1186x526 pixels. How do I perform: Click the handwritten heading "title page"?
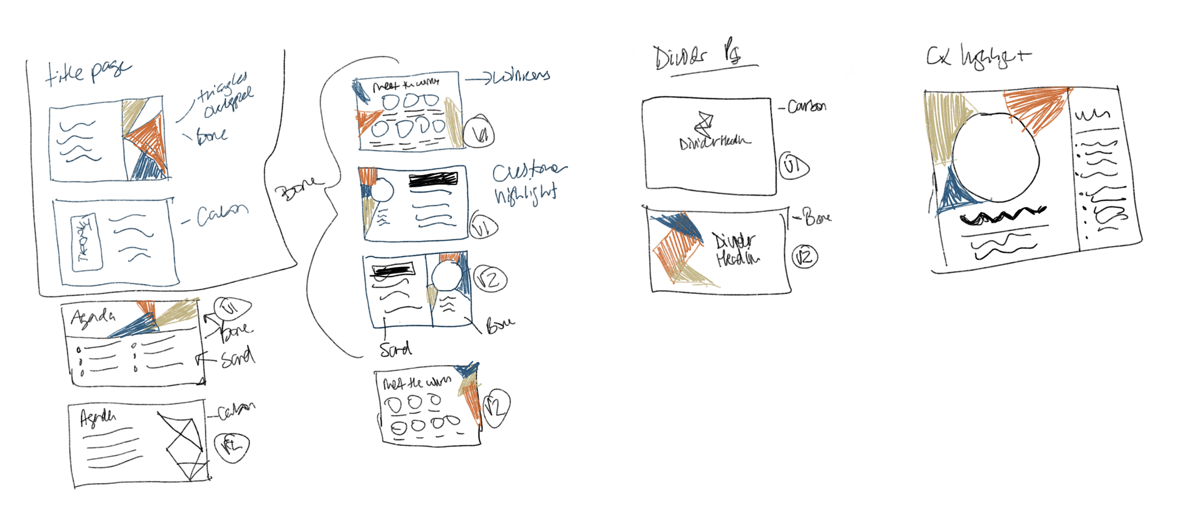88,72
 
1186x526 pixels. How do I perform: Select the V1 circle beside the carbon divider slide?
793,166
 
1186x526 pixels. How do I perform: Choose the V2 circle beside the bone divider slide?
805,257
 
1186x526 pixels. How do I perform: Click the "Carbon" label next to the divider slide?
806,106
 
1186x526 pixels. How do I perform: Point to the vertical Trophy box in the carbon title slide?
86,243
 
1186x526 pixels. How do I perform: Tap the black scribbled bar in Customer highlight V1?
433,179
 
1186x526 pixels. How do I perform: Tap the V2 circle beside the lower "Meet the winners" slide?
496,407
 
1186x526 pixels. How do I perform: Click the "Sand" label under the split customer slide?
395,350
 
